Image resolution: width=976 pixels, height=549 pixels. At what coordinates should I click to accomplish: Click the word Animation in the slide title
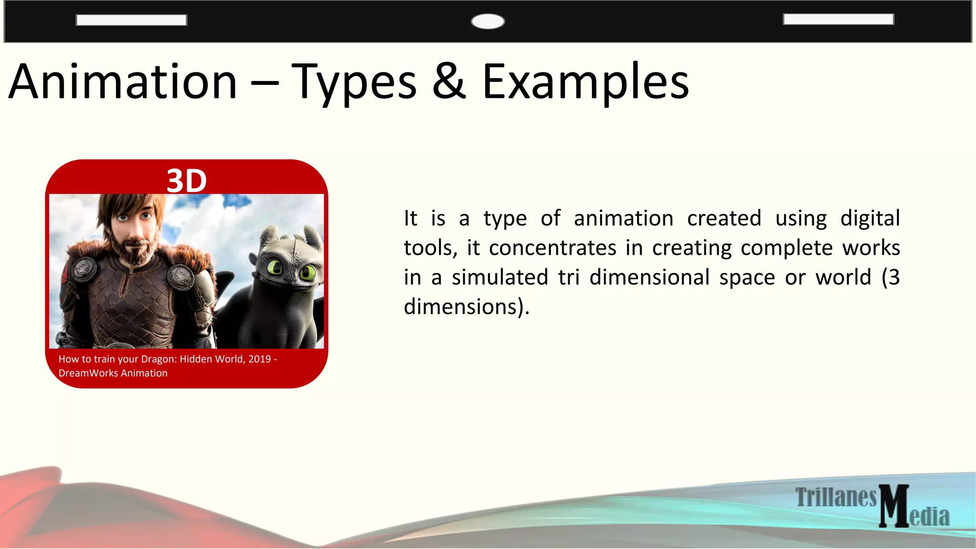[x=123, y=82]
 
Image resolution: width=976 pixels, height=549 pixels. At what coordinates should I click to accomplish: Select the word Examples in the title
[x=585, y=82]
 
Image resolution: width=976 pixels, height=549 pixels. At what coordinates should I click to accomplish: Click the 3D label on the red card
[x=186, y=181]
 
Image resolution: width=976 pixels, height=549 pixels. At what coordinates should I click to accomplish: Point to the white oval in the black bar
[x=488, y=21]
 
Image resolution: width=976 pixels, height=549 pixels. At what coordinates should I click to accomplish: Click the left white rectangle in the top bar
[x=131, y=20]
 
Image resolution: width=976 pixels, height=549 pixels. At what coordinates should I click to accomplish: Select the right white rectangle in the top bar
[x=838, y=19]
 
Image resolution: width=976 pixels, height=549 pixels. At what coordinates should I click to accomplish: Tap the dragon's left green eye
[x=275, y=267]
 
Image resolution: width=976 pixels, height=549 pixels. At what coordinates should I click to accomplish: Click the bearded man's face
[x=134, y=229]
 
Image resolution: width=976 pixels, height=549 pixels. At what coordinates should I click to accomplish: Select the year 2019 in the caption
[x=259, y=359]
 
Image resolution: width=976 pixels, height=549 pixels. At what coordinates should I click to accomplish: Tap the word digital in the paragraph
[x=870, y=218]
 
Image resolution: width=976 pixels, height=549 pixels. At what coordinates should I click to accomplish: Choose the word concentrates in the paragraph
[x=552, y=248]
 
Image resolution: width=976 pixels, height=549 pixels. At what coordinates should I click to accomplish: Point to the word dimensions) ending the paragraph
[x=467, y=307]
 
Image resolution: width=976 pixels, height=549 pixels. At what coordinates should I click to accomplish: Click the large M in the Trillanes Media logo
[x=894, y=506]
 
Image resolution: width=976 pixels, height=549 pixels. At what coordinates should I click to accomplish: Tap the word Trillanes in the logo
[x=836, y=497]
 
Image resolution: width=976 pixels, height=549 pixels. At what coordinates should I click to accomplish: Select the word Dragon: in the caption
[x=159, y=359]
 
